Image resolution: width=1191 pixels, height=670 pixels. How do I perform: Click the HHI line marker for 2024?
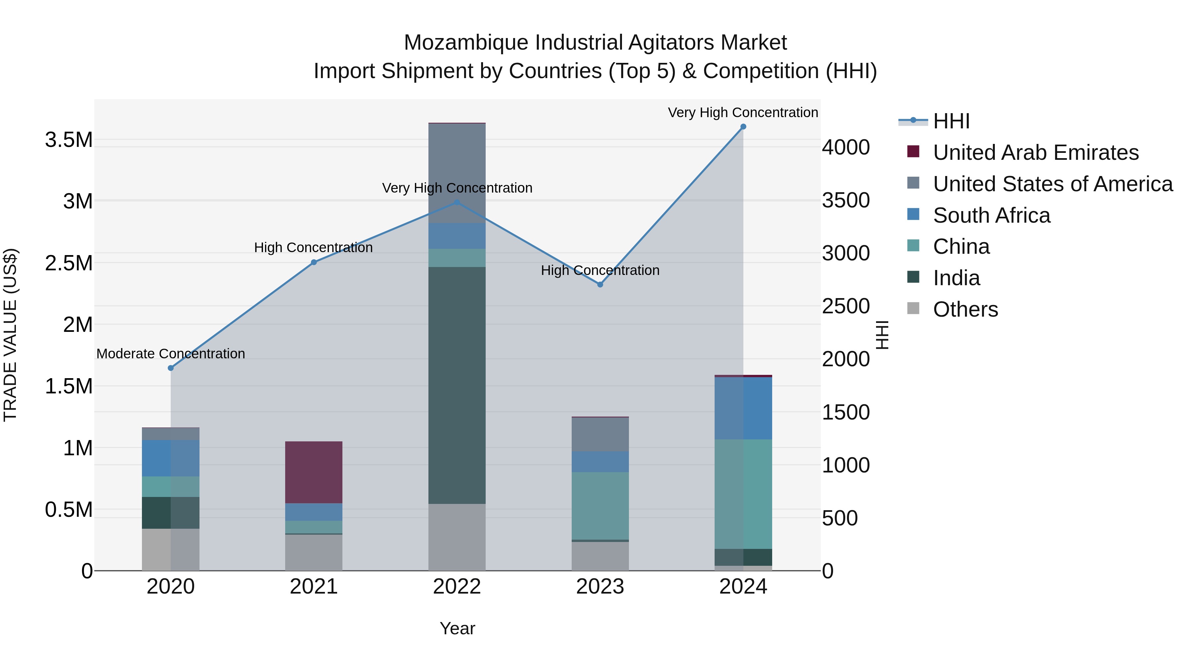(x=743, y=127)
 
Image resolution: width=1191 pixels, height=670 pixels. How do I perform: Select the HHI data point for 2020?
(x=171, y=368)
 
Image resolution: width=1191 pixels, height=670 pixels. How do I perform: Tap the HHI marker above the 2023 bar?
(x=600, y=284)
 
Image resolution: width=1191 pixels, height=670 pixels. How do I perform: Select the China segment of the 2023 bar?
(x=600, y=506)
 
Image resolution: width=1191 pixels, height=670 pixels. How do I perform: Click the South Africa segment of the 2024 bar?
(x=743, y=408)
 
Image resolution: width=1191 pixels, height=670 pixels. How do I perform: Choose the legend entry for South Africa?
(x=991, y=215)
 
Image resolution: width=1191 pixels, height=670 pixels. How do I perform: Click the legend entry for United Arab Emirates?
(x=1035, y=153)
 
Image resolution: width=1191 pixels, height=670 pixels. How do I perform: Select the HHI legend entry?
(x=951, y=121)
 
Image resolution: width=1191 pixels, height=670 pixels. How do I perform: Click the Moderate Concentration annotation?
(x=171, y=354)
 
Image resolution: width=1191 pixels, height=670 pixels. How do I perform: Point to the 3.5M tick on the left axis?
(x=68, y=140)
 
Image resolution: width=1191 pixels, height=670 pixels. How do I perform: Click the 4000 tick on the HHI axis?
(x=846, y=148)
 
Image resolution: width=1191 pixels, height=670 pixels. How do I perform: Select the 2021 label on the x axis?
(x=314, y=587)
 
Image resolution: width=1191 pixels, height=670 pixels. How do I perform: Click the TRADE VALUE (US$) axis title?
(x=10, y=335)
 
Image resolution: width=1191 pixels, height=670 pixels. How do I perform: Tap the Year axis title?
(x=457, y=628)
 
